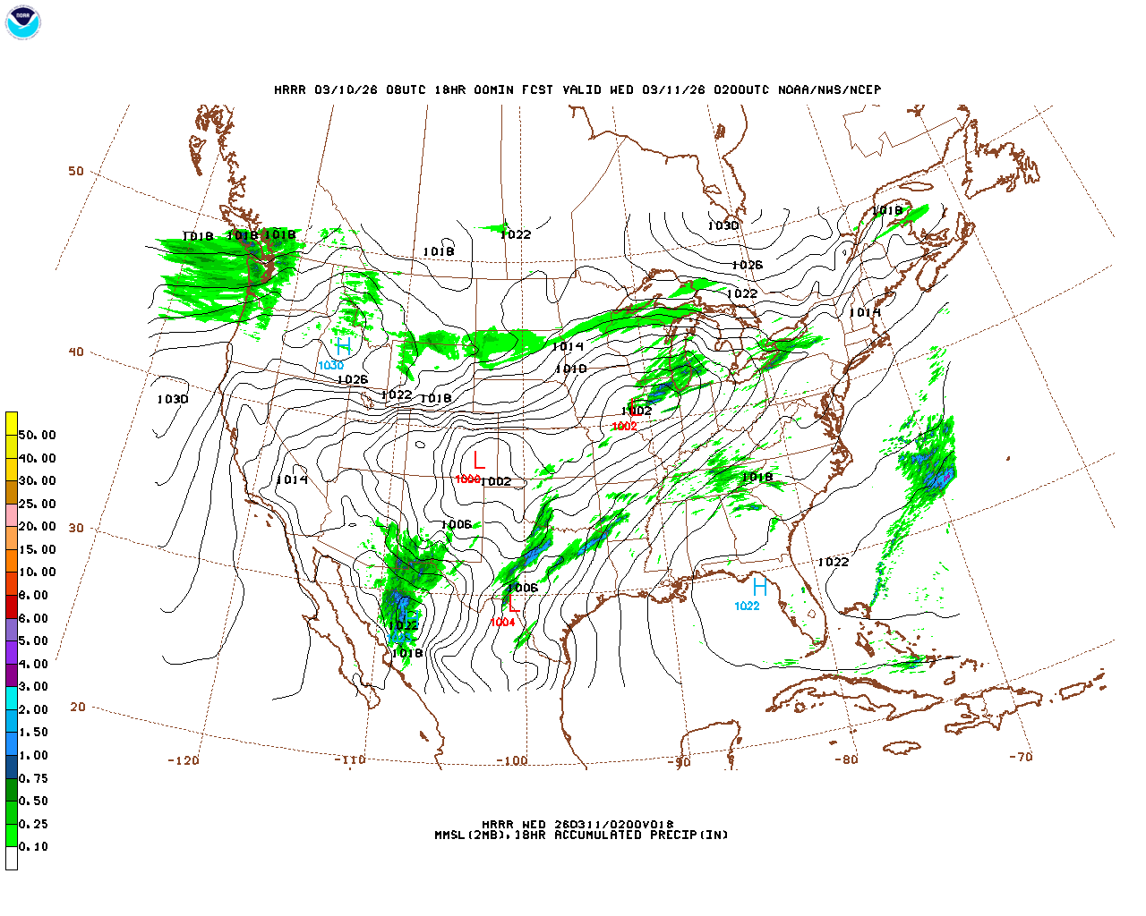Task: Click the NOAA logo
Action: tap(23, 23)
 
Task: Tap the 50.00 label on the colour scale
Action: tap(37, 436)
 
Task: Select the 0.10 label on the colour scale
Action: tap(34, 846)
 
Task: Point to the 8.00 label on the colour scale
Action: tap(34, 595)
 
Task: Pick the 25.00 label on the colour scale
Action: tap(37, 504)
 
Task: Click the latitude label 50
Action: tap(76, 171)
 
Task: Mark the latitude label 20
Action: tap(78, 707)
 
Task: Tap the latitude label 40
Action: tap(76, 352)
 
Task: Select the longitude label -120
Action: tap(184, 760)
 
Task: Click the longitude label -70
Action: tap(1021, 757)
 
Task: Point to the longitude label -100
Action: tap(512, 761)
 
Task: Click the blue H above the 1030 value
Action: tap(343, 347)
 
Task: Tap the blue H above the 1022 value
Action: tap(759, 588)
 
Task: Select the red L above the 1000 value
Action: tap(479, 461)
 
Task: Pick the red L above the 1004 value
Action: tap(514, 604)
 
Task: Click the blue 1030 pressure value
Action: tap(330, 366)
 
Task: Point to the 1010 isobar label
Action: tap(570, 369)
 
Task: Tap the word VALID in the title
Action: tap(582, 89)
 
